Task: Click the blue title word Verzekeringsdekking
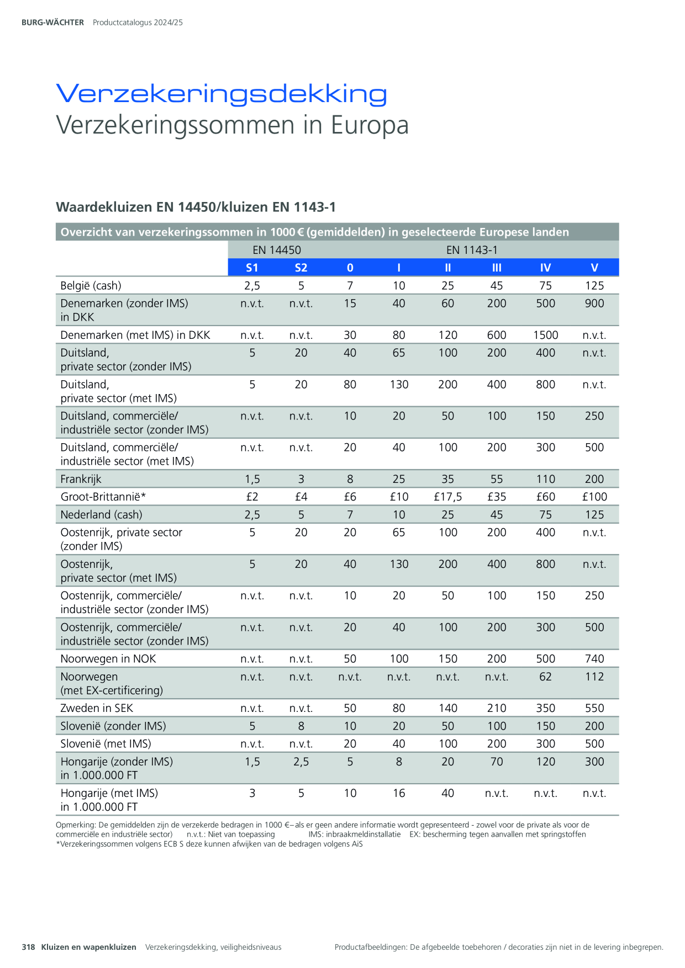tap(222, 94)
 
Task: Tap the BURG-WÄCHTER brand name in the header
tap(52, 23)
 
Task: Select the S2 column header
tap(301, 268)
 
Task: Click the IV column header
tap(546, 268)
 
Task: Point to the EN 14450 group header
tap(277, 250)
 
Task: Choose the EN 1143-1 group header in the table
tap(472, 250)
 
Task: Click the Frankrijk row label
tap(81, 479)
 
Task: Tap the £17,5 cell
tap(448, 497)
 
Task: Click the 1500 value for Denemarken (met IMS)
tap(546, 335)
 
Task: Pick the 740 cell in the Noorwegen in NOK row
tap(594, 659)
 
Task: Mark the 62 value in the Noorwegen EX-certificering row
tap(546, 677)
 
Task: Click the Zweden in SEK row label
tap(97, 708)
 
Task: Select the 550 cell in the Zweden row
tap(594, 708)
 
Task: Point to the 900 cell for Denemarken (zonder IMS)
tap(594, 303)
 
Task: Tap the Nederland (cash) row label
tap(101, 514)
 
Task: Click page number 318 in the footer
tap(28, 947)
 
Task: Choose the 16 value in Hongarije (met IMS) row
tap(399, 793)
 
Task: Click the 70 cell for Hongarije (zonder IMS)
tap(497, 762)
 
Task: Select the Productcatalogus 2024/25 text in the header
tap(138, 23)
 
